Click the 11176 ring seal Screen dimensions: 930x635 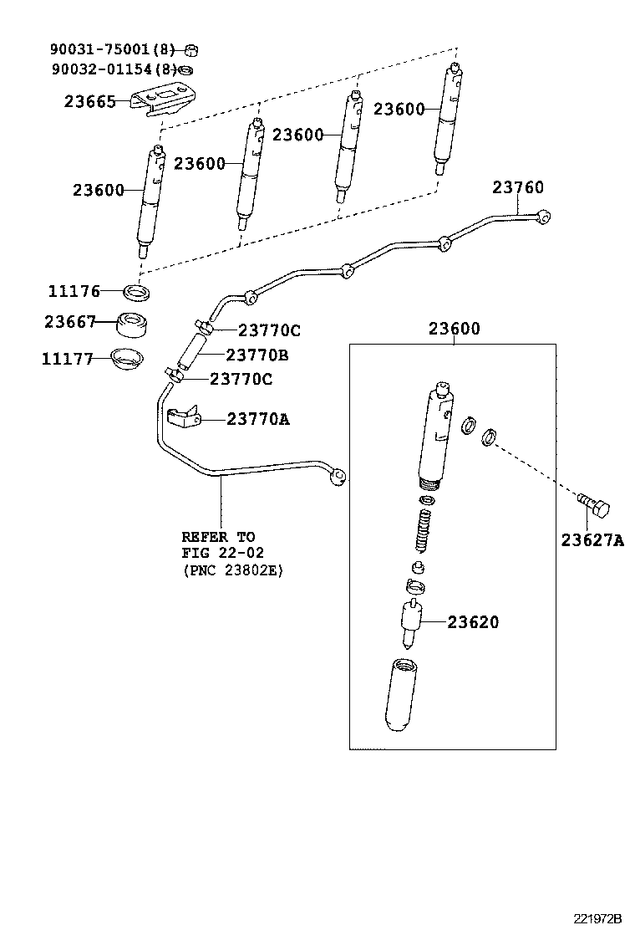point(137,292)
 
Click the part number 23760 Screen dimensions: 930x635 point(517,187)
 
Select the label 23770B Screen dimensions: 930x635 point(257,355)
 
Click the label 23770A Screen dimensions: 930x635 point(258,419)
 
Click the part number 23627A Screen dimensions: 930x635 point(592,540)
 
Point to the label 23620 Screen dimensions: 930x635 point(473,622)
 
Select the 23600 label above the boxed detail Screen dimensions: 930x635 point(455,329)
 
